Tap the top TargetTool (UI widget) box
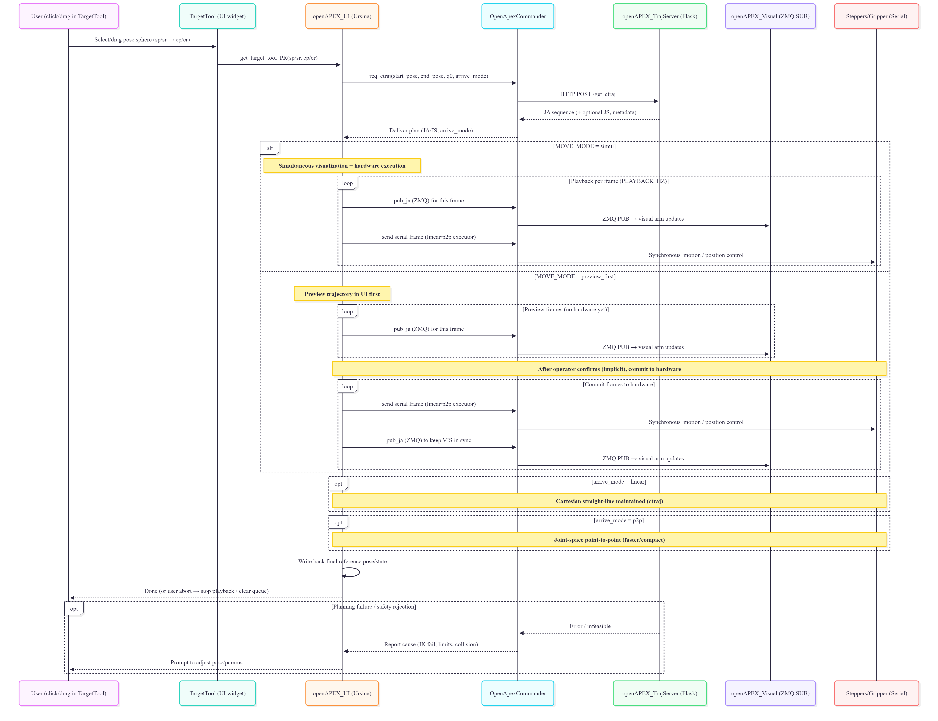click(217, 16)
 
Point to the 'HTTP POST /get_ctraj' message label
click(587, 94)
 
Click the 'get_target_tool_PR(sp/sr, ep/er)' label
click(279, 58)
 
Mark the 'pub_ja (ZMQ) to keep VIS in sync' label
click(428, 440)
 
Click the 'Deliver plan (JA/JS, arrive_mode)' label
click(431, 130)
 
